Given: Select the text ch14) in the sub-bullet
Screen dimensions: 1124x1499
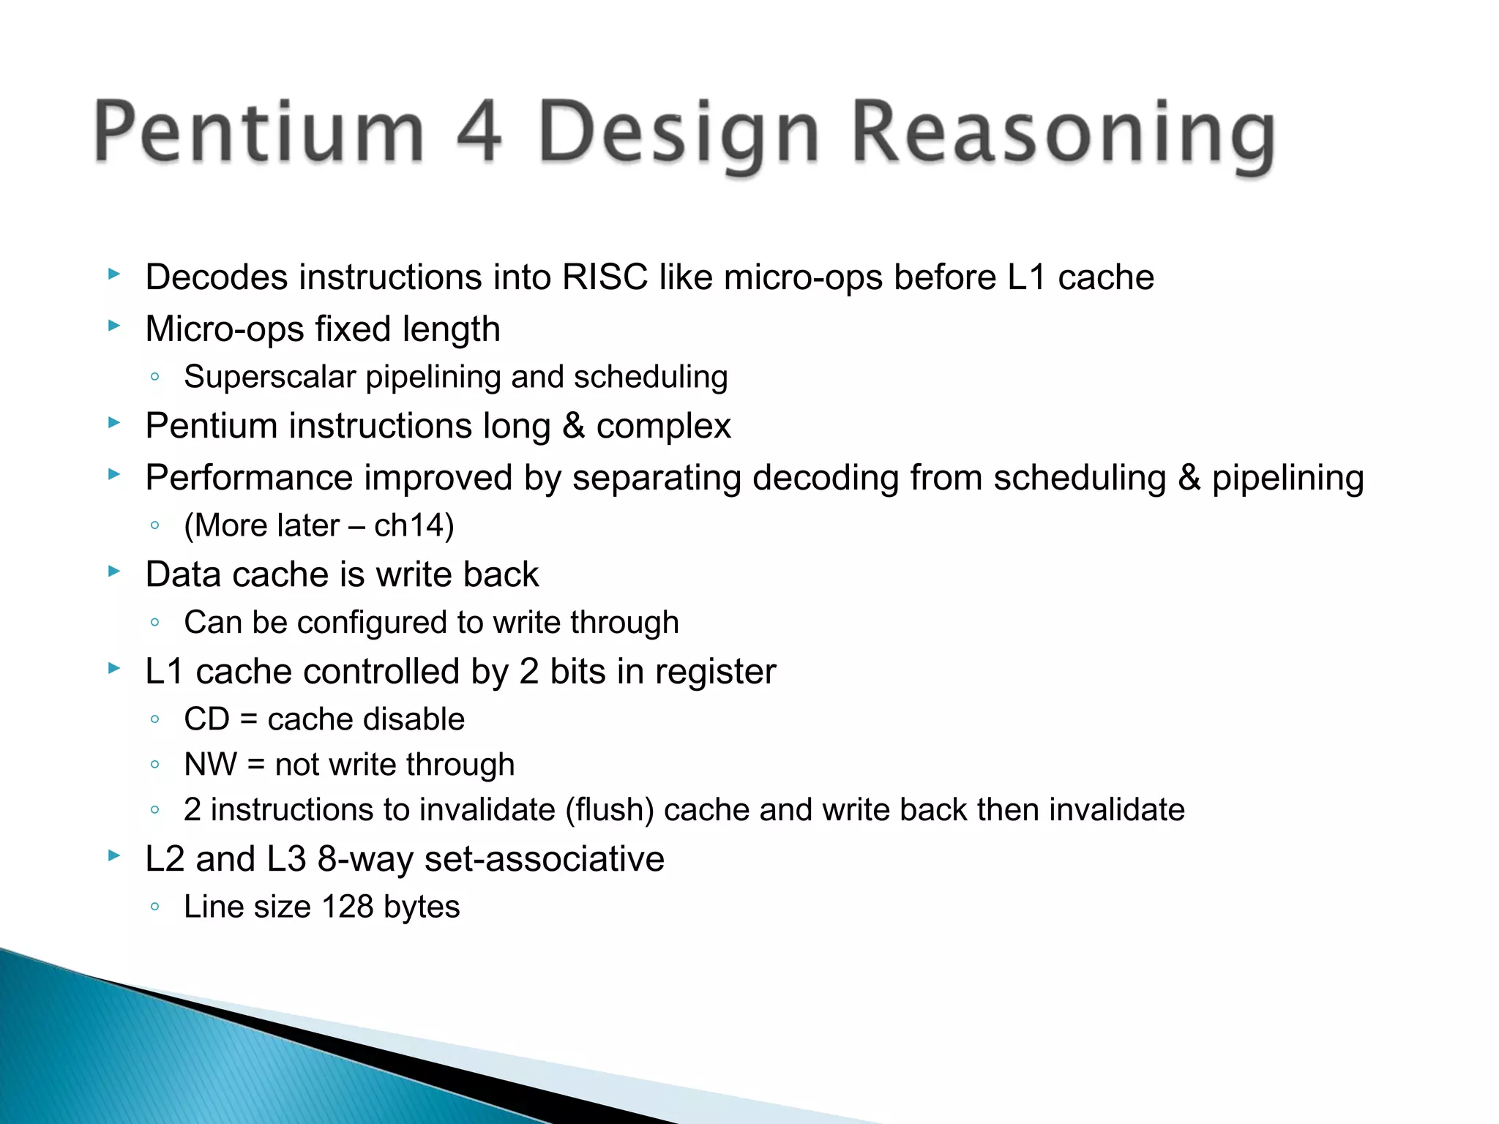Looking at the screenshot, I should click(x=414, y=525).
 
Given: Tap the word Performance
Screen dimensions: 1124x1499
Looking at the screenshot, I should click(x=249, y=478).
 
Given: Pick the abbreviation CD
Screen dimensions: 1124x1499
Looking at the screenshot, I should click(x=207, y=719).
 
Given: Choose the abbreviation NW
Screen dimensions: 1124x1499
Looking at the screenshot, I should click(x=211, y=765).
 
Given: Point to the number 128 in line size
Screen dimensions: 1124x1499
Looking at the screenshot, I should click(x=347, y=907).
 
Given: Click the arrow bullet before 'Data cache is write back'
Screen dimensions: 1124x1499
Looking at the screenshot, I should click(x=113, y=572).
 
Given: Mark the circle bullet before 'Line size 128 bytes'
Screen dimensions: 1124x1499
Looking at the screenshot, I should click(x=154, y=907).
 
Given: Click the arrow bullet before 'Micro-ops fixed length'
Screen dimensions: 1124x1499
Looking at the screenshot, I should click(x=113, y=326).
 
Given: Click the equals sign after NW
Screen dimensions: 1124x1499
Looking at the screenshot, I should click(x=255, y=765).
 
